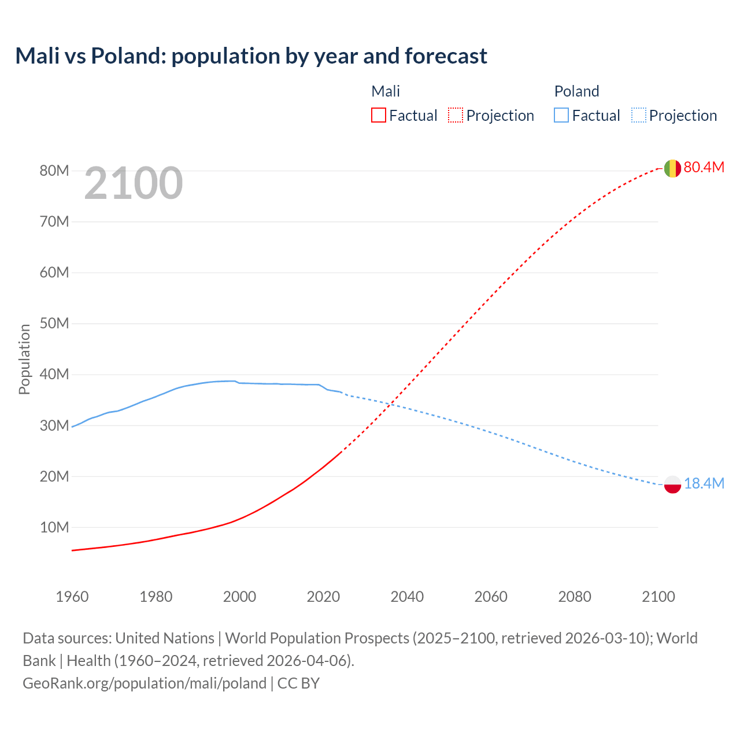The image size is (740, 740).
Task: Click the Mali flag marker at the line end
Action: click(672, 168)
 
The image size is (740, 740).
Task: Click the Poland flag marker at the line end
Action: click(672, 484)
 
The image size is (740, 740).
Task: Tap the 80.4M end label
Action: click(704, 167)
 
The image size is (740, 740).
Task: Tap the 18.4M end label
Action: click(704, 483)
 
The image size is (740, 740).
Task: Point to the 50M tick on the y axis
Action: click(54, 323)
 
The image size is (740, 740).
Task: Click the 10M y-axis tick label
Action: click(54, 527)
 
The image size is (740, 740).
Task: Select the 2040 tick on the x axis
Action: click(407, 597)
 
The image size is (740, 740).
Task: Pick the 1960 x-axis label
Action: click(72, 597)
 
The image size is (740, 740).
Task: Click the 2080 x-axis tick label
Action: click(575, 597)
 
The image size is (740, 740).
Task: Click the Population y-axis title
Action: click(24, 359)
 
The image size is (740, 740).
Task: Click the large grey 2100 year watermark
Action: click(134, 183)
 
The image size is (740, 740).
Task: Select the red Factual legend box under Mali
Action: click(378, 115)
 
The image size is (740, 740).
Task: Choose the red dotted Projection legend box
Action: click(456, 115)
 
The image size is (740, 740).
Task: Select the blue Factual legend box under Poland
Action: click(561, 115)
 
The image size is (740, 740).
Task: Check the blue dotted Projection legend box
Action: click(639, 115)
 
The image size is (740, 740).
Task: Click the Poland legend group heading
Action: click(576, 91)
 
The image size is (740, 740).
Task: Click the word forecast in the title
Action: click(446, 56)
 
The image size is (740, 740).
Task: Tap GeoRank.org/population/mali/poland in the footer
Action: click(145, 683)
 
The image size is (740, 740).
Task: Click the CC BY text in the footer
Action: click(298, 683)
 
